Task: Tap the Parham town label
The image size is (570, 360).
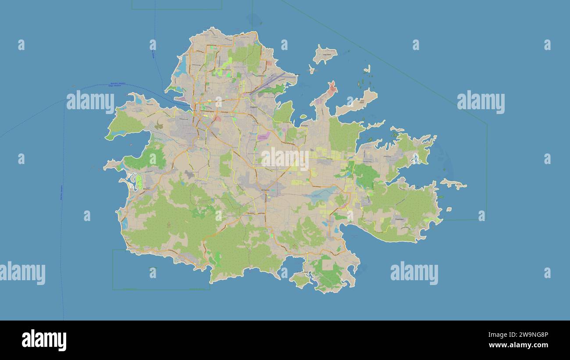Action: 304,125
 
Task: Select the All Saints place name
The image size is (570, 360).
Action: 266,190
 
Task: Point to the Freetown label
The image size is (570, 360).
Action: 399,219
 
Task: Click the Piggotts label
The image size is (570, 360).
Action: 253,107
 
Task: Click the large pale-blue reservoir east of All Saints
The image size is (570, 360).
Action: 322,193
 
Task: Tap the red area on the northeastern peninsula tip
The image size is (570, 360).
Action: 332,88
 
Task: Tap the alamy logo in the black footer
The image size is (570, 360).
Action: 44,340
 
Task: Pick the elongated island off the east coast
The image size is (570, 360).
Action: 453,184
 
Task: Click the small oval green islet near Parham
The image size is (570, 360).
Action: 303,117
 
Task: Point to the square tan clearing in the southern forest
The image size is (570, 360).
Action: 328,265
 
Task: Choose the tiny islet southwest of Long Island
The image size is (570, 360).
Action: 311,69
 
